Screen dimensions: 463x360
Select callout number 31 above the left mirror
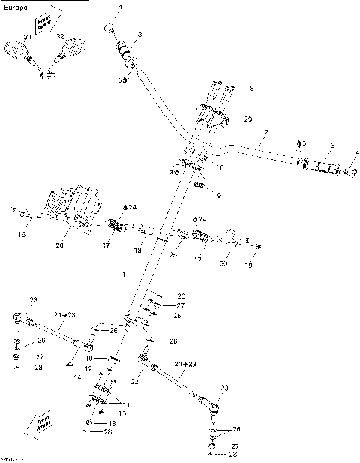(28, 37)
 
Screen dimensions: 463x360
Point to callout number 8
(251, 89)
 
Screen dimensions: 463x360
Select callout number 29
(248, 119)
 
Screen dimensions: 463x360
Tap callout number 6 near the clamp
(221, 168)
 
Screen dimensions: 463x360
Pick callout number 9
(218, 195)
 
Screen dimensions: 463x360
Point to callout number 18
(137, 249)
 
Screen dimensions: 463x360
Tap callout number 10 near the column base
(88, 358)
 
